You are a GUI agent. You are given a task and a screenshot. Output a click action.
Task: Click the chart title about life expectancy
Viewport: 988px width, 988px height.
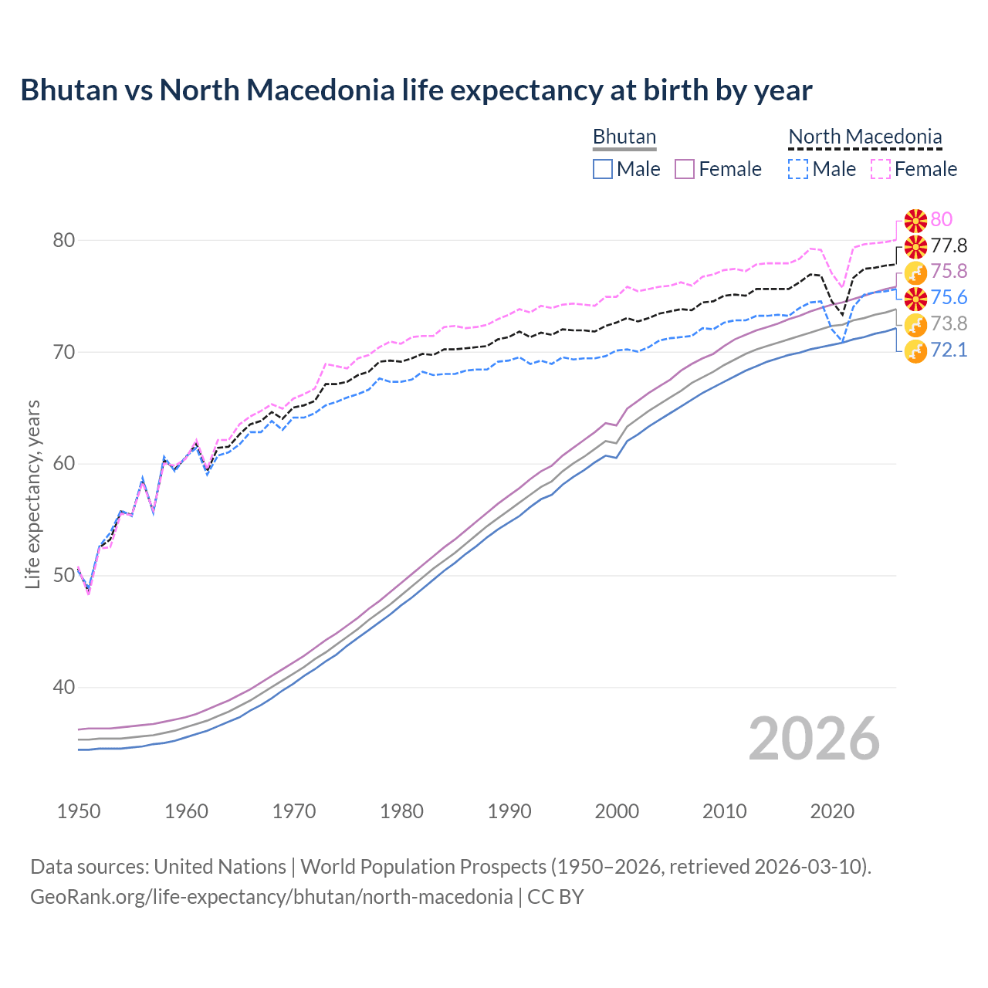pos(416,90)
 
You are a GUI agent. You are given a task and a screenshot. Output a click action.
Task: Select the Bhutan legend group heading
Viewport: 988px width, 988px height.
pos(624,137)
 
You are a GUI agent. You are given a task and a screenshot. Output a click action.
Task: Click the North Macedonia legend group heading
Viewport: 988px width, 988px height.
pos(864,137)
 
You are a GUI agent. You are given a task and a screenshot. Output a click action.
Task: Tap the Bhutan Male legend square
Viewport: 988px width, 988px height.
pos(603,169)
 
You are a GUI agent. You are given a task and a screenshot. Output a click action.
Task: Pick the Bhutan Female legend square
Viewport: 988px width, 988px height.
pos(685,169)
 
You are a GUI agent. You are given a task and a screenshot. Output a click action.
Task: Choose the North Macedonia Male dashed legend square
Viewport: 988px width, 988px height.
pos(798,169)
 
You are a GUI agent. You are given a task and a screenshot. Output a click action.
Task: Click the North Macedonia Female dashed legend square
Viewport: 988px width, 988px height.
pos(881,169)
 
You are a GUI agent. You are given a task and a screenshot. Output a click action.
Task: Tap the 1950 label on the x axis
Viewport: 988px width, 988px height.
pos(79,811)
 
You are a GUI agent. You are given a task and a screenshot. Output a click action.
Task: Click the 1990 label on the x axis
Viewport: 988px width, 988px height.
pos(509,811)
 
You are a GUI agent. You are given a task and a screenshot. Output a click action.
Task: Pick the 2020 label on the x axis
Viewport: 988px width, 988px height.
pos(832,811)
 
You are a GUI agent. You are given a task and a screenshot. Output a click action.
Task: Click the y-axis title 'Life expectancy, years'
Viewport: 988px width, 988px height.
pos(32,494)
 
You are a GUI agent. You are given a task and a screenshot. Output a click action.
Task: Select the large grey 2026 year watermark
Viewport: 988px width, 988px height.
pos(814,739)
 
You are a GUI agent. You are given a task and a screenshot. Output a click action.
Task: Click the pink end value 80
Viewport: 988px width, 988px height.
pos(941,220)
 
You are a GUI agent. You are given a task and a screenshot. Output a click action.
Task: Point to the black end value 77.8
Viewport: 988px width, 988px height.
pos(949,246)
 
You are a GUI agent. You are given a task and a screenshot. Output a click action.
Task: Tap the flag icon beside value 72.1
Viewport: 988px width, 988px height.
pos(915,350)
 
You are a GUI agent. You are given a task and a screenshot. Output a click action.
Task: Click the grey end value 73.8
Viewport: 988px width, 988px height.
pos(949,324)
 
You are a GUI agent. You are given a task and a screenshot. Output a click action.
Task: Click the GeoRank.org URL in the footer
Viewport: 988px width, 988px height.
pos(271,897)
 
